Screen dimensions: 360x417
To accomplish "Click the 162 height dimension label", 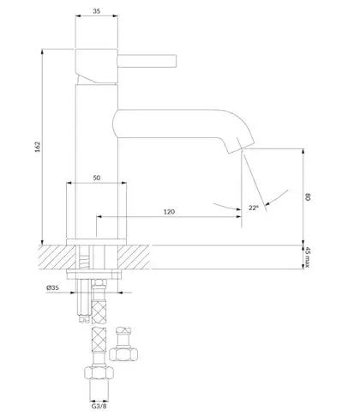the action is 38,147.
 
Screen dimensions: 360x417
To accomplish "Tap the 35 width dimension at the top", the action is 97,11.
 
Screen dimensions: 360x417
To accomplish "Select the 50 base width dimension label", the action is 97,178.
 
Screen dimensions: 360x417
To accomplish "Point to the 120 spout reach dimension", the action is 169,212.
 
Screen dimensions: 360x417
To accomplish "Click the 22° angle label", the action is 254,208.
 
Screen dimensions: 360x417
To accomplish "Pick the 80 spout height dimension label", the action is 308,197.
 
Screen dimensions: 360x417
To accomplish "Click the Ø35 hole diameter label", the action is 52,287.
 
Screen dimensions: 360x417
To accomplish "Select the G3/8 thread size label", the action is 99,406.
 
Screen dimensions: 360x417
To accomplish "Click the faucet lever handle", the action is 147,61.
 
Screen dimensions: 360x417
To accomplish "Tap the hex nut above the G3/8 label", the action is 99,372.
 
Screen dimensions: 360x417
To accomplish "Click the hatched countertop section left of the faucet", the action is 57,257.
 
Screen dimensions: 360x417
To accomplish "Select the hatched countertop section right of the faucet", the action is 134,257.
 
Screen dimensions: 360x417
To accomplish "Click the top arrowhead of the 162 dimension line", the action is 42,51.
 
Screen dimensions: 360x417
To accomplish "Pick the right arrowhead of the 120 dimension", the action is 239,217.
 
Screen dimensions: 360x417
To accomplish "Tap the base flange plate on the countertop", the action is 96,242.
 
